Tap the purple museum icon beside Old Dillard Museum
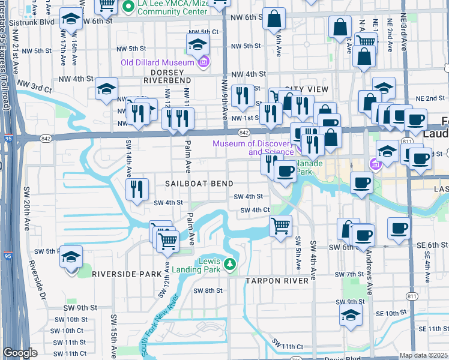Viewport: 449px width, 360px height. [203, 62]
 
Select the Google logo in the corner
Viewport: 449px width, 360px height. [20, 353]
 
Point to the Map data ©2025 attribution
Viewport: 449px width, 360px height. [423, 355]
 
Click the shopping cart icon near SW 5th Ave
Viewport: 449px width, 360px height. [281, 226]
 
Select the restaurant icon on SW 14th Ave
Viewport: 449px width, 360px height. [137, 190]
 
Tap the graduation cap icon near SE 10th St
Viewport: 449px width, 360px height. [351, 315]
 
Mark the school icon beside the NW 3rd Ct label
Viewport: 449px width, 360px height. [106, 90]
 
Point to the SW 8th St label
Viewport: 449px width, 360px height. [208, 290]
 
